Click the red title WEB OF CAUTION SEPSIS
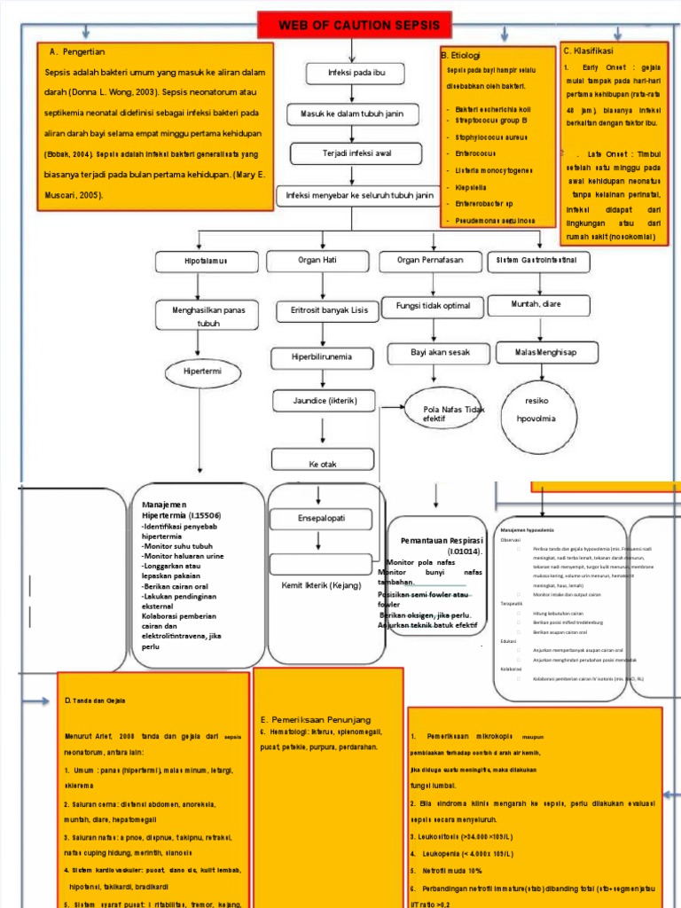(353, 25)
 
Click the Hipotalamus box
(206, 262)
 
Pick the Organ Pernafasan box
(430, 261)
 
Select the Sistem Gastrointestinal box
(536, 261)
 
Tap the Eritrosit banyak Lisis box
(322, 311)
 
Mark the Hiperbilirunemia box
(322, 357)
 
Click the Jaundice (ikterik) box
(325, 401)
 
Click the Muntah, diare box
(536, 305)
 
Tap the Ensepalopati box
(321, 518)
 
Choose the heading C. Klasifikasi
(588, 51)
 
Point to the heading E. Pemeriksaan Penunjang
(315, 719)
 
